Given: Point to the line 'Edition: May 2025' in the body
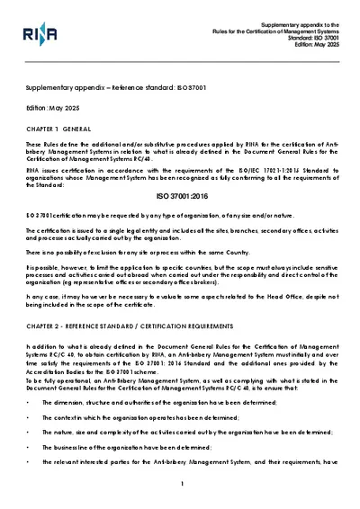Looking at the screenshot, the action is coord(55,107).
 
